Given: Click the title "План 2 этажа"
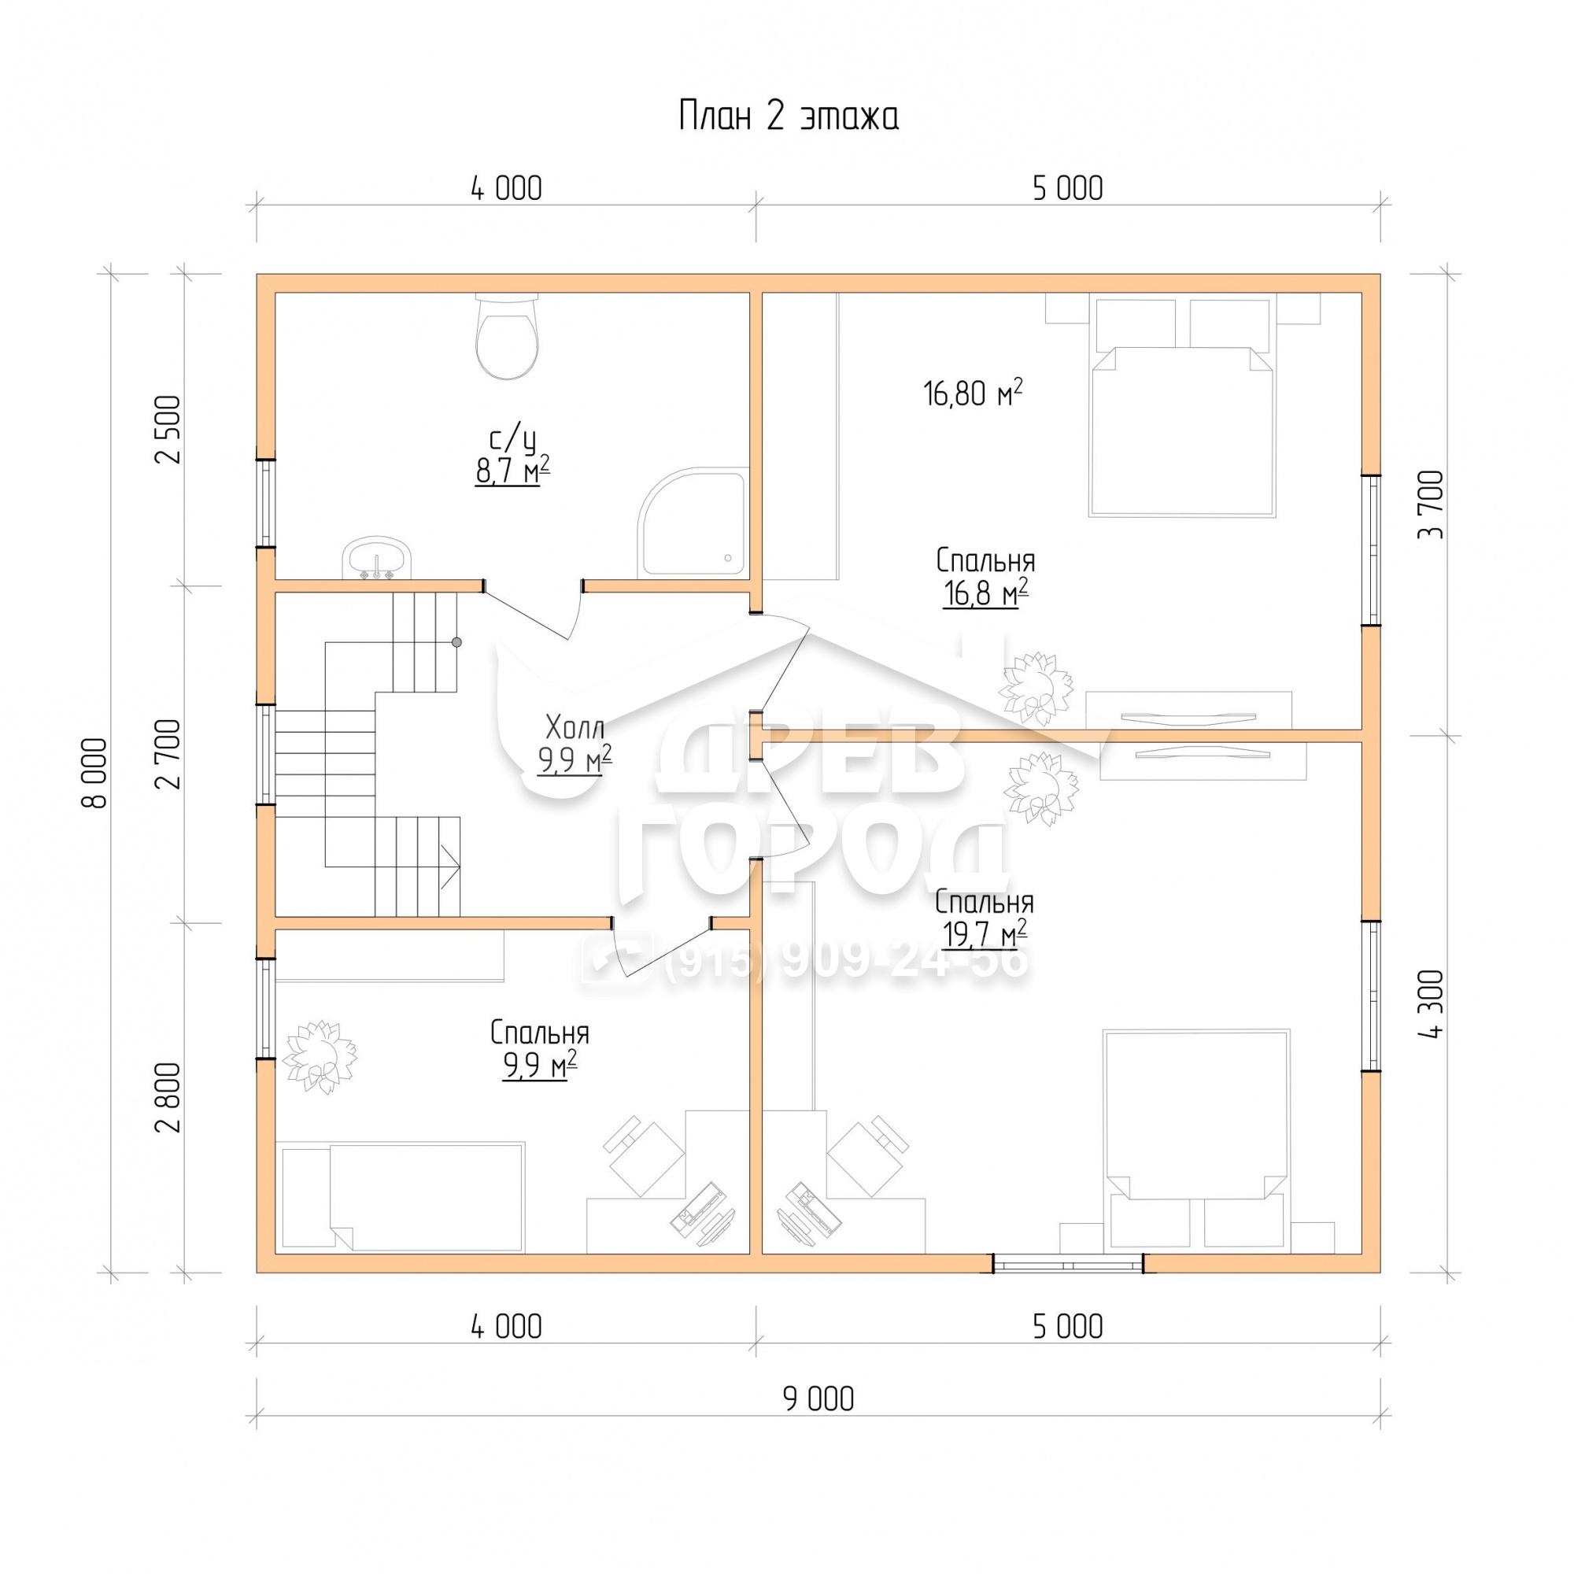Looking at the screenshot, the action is click(788, 116).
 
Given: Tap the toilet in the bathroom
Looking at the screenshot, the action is click(507, 337).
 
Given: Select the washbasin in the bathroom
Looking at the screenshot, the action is click(379, 559).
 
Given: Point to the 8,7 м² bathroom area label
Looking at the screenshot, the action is click(512, 470).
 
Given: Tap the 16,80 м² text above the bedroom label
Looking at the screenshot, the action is click(973, 393).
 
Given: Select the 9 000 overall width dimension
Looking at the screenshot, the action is click(818, 1398).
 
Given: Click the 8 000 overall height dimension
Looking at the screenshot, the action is click(96, 772).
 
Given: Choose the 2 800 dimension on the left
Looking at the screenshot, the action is click(169, 1098).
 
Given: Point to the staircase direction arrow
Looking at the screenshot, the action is click(449, 866).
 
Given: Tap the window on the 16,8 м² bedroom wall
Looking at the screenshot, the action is click(1372, 550).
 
